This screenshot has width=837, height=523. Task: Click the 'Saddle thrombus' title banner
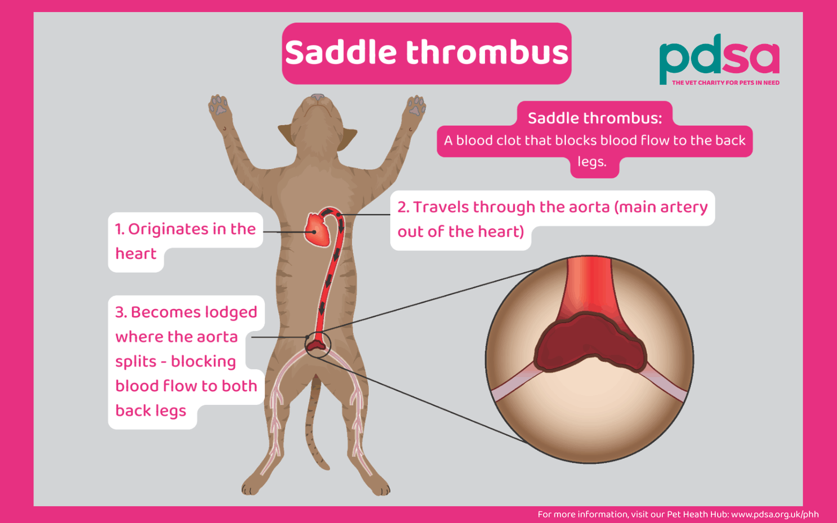[x=426, y=53]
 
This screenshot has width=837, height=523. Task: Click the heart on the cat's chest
[x=318, y=230]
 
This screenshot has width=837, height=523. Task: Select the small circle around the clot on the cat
[x=318, y=344]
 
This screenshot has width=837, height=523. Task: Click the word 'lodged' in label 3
[x=231, y=312]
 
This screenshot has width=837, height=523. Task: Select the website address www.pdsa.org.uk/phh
[x=775, y=515]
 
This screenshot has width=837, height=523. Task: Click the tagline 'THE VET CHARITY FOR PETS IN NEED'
[x=726, y=83]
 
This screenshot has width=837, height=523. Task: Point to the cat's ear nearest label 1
[x=287, y=134]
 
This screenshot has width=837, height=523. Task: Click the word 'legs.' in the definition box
[x=592, y=162]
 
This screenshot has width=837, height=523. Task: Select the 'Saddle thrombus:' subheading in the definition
[x=595, y=118]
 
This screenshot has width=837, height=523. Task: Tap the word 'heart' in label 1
[x=136, y=254]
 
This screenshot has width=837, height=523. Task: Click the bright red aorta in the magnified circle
[x=590, y=285]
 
